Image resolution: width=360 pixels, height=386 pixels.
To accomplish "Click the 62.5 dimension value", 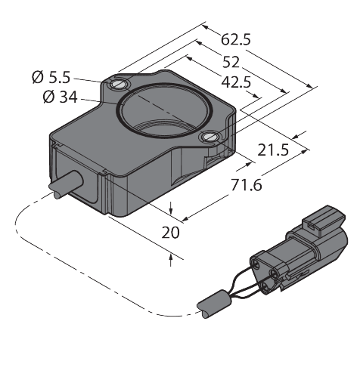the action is click(x=236, y=40).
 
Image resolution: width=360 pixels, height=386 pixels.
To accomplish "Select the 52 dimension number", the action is click(x=231, y=62).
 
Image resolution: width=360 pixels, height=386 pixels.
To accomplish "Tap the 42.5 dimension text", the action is click(x=236, y=82).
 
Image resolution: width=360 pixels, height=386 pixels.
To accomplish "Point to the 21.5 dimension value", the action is click(x=273, y=150).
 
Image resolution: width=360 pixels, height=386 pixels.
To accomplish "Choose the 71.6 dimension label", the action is click(x=247, y=185).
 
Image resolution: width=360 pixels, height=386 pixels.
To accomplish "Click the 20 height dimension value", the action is click(x=170, y=233).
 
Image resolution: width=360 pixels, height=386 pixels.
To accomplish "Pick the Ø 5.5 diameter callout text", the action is click(x=51, y=77).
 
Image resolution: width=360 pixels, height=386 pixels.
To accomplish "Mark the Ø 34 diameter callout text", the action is click(x=60, y=97).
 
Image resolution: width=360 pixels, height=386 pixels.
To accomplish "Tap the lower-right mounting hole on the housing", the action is click(x=211, y=137).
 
